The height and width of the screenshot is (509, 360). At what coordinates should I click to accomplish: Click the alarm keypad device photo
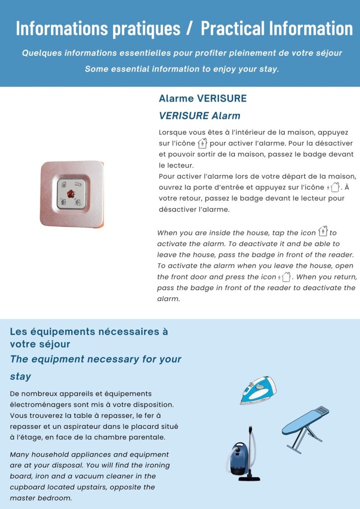click(72, 194)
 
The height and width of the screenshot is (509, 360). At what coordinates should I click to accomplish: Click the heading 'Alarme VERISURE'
click(203, 99)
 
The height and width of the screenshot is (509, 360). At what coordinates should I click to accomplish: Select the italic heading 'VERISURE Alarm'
click(199, 116)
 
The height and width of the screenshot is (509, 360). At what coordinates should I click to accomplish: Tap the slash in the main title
click(189, 28)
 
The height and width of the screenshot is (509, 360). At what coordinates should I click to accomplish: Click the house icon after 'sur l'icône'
click(202, 144)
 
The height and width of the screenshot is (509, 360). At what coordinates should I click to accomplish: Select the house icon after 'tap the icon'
click(323, 231)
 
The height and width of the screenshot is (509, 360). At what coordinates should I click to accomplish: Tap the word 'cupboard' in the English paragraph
click(28, 487)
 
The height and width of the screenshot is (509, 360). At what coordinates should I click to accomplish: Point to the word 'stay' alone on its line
click(20, 377)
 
